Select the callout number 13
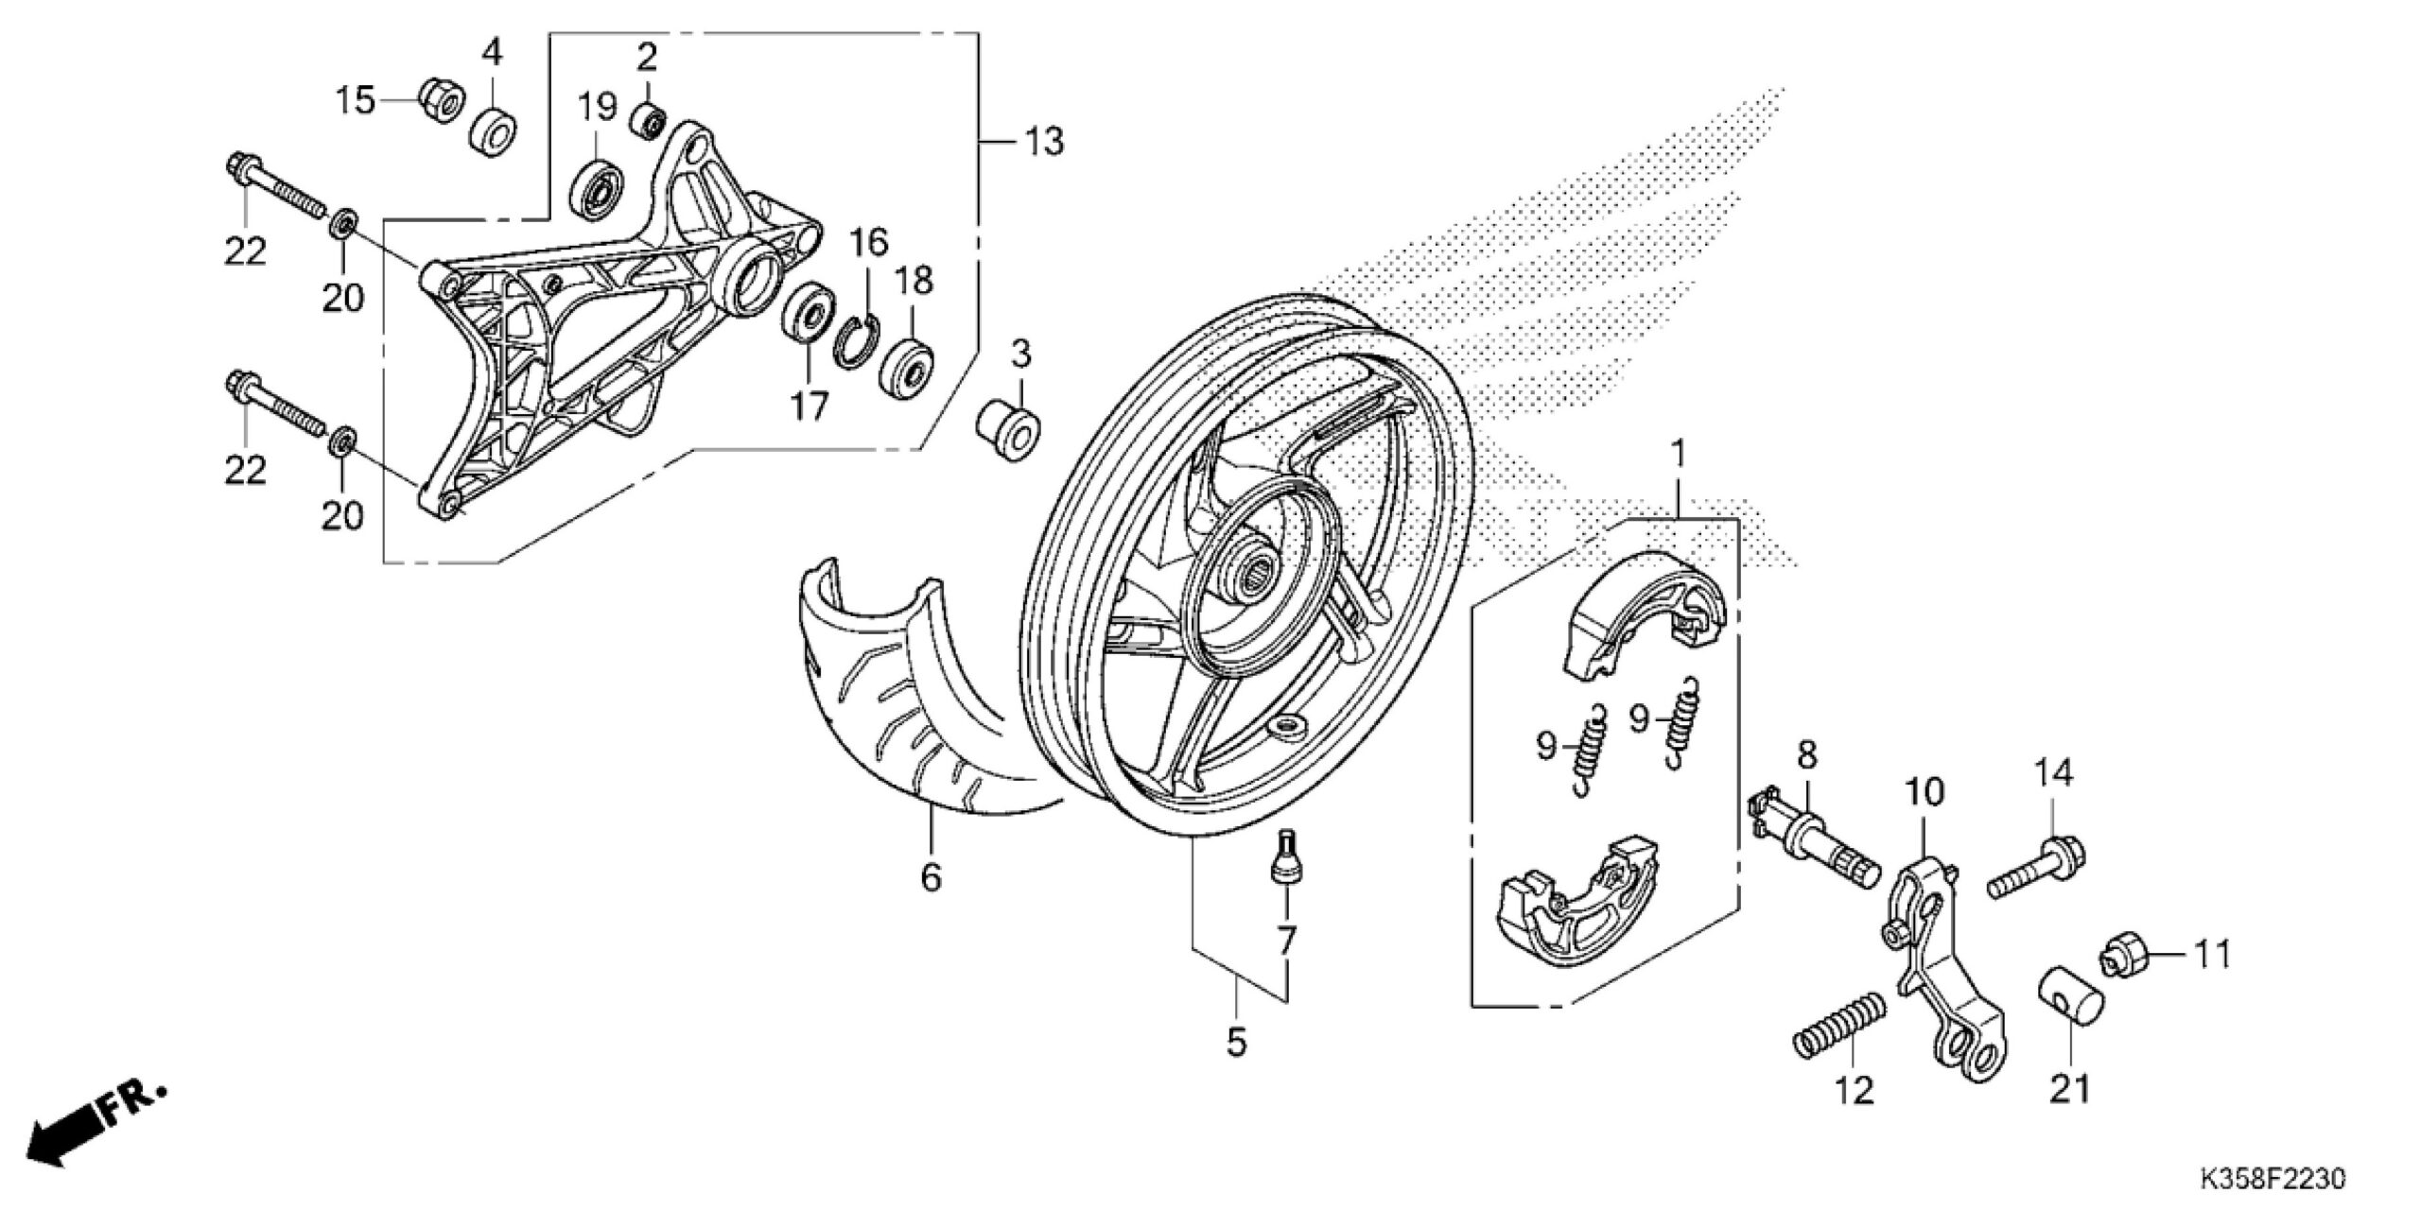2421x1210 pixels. tap(1042, 142)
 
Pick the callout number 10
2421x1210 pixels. tap(1923, 792)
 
